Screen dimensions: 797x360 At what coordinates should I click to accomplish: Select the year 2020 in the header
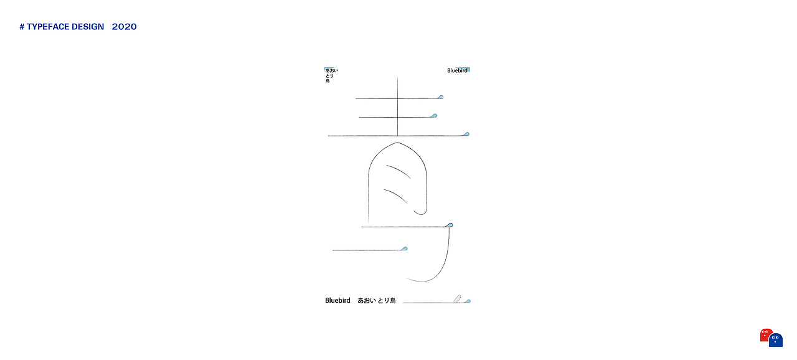point(124,27)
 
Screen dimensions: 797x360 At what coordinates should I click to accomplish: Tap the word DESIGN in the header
point(88,27)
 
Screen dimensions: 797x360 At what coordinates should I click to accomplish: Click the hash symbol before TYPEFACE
point(22,27)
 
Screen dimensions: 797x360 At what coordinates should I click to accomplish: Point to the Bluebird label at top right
point(457,70)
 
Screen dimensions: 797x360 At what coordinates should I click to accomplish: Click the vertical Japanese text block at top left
point(331,75)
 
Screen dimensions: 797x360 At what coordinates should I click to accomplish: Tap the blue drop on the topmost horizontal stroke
point(440,97)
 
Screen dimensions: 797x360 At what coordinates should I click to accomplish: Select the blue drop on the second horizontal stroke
point(434,116)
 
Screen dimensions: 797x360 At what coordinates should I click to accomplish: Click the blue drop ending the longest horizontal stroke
point(466,134)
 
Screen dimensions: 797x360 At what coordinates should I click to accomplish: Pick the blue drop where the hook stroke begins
point(450,225)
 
